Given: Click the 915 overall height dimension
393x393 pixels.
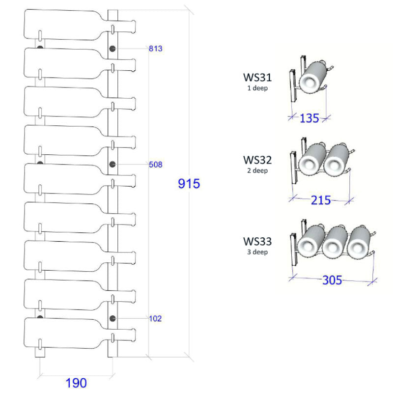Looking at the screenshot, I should (x=189, y=184).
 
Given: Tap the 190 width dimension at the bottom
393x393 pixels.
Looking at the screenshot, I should (x=76, y=383).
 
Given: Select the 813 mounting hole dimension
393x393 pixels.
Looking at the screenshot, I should (x=156, y=48).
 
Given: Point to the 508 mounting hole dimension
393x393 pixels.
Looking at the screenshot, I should (x=156, y=164).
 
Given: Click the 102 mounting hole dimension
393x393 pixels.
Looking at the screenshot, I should (x=156, y=318).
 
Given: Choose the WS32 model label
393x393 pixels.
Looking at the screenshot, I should (x=257, y=160).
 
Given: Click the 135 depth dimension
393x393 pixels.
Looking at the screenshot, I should (x=309, y=118).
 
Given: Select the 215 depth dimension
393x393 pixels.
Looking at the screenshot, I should (x=321, y=200).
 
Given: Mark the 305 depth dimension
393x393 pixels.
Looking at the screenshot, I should (x=332, y=281).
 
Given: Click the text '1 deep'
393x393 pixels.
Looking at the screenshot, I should (x=257, y=88).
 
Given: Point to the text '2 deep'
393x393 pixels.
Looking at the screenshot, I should (x=257, y=171).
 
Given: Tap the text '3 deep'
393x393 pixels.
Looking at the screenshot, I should (x=257, y=252).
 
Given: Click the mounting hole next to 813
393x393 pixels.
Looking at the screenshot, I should (x=112, y=48).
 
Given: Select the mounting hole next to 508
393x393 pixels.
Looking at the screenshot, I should (x=112, y=164).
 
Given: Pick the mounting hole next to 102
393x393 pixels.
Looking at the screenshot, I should (x=112, y=318).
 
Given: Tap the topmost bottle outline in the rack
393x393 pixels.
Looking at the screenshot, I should (x=64, y=25).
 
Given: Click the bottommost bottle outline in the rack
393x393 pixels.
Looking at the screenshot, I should (x=64, y=333).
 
